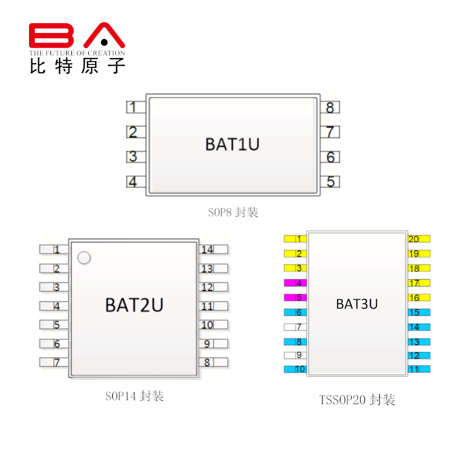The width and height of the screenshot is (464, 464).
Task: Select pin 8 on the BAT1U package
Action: (329, 107)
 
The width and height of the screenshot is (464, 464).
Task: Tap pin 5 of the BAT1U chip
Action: (329, 182)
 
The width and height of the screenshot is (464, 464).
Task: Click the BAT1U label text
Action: (232, 144)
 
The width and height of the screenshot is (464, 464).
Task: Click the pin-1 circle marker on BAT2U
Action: (84, 258)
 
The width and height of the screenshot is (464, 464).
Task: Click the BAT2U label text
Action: (134, 304)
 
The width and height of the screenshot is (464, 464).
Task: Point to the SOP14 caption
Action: (135, 396)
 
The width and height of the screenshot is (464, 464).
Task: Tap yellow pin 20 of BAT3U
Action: (418, 239)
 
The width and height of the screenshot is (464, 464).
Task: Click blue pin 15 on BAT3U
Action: (418, 313)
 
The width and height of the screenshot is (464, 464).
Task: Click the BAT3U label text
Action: (357, 303)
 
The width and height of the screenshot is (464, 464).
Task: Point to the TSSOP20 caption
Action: (357, 400)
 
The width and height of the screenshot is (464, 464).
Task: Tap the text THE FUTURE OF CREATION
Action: (77, 53)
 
